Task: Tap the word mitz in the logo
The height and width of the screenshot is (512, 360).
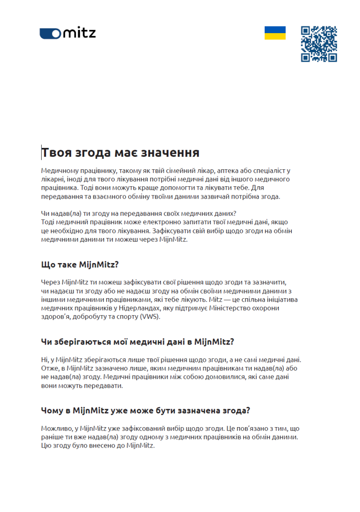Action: coord(79,33)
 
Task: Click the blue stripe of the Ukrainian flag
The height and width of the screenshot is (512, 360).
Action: coord(275,29)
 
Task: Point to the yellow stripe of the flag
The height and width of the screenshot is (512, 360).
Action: coord(275,36)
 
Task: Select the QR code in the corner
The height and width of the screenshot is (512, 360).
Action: coord(319,44)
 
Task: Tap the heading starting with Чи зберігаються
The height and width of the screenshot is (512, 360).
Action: coord(138,341)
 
